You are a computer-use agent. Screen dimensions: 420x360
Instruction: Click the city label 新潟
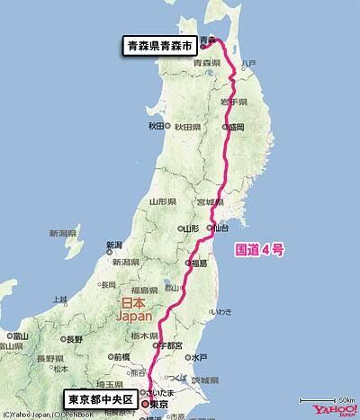tap(112, 245)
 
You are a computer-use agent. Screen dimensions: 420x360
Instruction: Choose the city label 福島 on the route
tap(197, 264)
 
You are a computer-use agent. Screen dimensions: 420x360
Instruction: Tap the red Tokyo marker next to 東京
tap(145, 405)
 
